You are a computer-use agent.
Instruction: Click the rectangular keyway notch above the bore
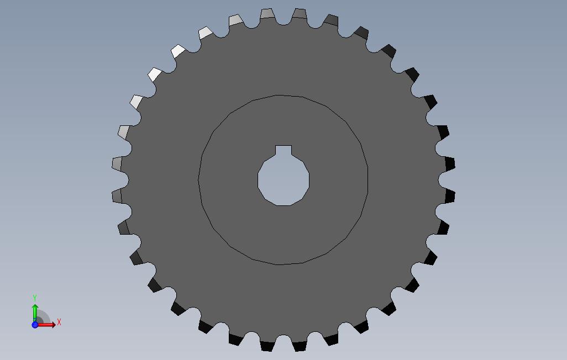(x=283, y=150)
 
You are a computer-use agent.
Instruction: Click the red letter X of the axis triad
(x=59, y=322)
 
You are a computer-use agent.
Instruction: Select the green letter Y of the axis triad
(x=35, y=298)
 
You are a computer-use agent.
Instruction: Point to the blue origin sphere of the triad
(x=35, y=325)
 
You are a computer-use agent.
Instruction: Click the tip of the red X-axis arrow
(x=56, y=325)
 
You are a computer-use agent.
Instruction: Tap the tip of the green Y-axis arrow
(x=35, y=304)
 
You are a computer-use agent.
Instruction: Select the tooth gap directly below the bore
(x=283, y=340)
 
